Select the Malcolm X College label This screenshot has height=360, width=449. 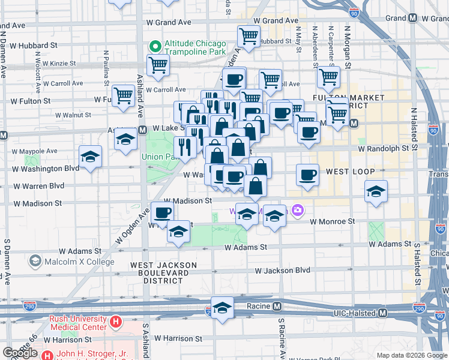[78, 262]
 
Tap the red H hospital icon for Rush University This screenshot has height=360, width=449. [116, 323]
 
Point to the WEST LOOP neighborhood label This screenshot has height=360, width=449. [350, 172]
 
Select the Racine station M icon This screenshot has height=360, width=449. [277, 307]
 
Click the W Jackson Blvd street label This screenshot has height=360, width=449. [282, 271]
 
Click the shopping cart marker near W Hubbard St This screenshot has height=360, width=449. [248, 35]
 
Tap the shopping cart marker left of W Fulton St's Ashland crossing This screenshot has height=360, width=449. [123, 95]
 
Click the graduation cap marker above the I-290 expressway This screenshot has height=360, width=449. [222, 307]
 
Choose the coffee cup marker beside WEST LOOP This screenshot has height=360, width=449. [307, 175]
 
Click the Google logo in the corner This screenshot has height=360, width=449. [20, 353]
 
